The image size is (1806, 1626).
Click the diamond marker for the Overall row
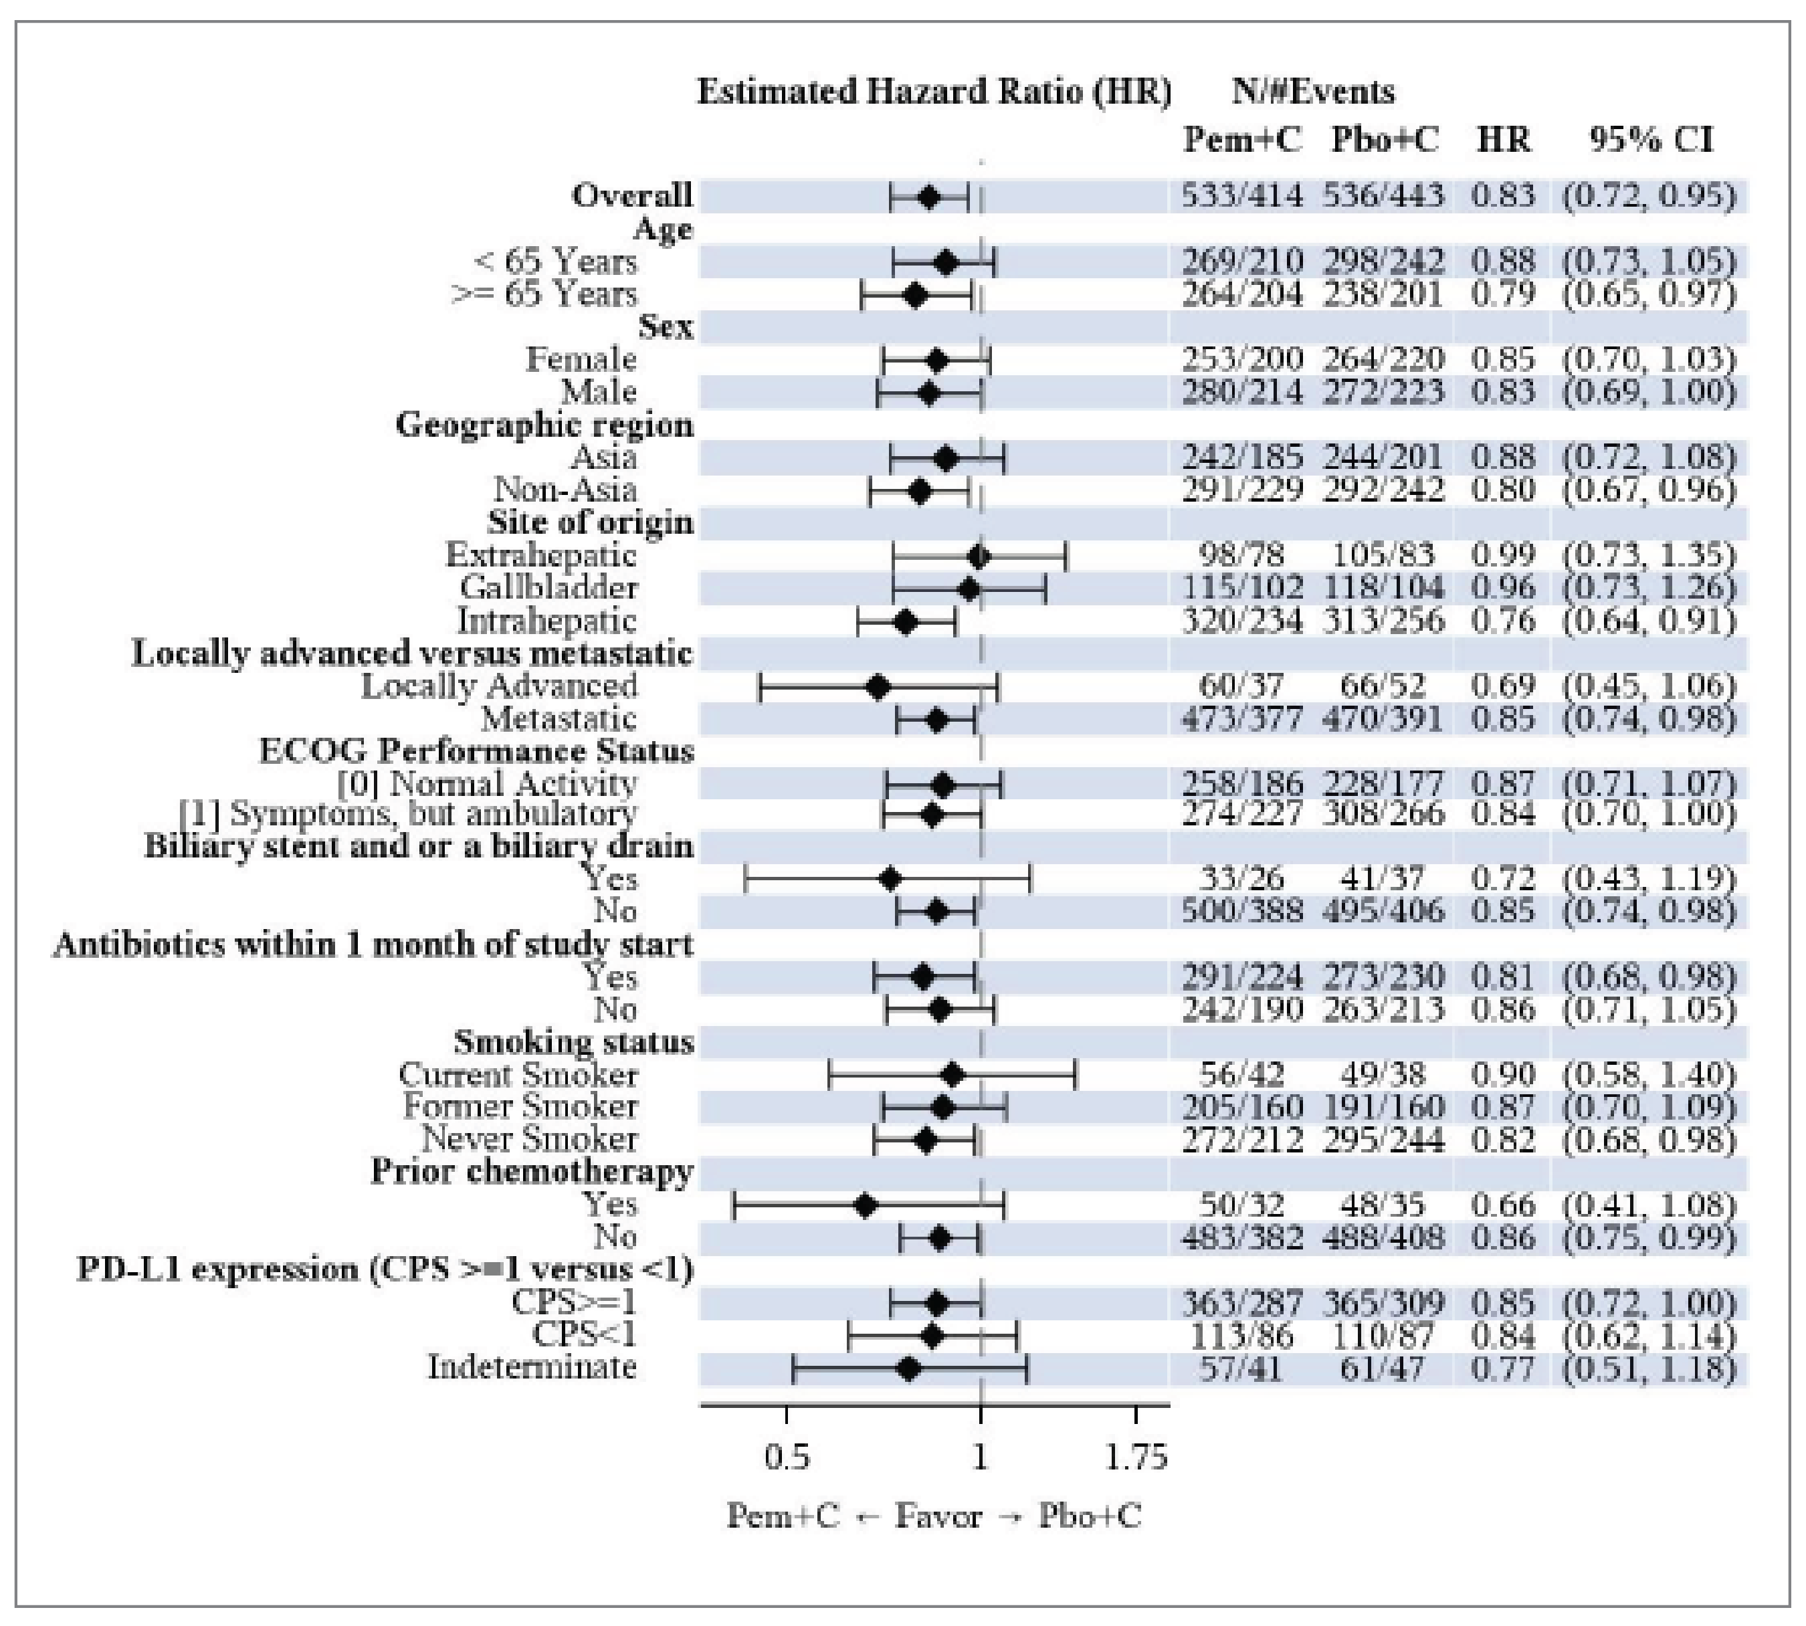pos(928,197)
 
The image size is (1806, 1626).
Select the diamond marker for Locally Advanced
pos(878,688)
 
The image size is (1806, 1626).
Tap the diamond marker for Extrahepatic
pos(979,556)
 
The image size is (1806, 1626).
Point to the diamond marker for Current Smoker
pos(952,1075)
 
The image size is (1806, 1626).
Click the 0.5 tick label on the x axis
pos(787,1457)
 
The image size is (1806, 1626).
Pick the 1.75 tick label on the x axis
pos(1136,1457)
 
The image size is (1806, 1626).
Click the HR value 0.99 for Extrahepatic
pos(1503,554)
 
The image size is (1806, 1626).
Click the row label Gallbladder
pos(548,588)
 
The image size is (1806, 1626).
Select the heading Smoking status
pos(574,1041)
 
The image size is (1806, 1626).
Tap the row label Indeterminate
pos(532,1367)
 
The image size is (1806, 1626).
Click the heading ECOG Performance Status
pos(476,750)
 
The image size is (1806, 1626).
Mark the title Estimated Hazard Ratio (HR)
pos(933,92)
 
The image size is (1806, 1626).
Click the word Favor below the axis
pos(938,1516)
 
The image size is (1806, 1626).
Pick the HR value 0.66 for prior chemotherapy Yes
pos(1503,1205)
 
